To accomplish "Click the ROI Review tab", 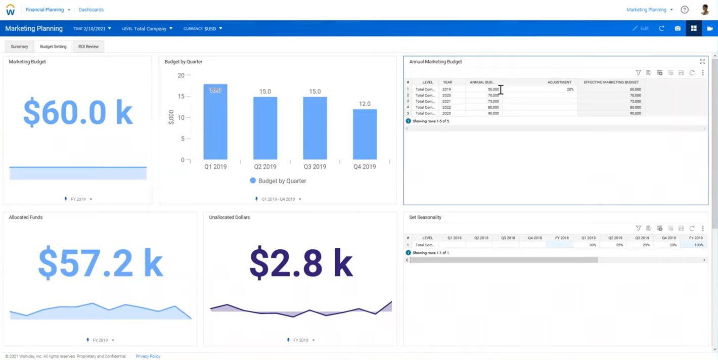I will pos(88,47).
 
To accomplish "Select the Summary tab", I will pos(20,47).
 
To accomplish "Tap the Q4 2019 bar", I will pos(365,134).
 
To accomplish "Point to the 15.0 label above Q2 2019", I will pos(265,92).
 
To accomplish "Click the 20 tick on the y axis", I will pos(181,75).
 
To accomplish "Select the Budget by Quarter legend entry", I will pos(278,181).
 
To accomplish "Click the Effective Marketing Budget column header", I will pos(611,82).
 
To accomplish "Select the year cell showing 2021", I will pos(446,101).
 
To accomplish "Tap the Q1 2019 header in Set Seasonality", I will pos(588,238).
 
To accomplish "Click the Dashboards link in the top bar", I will pos(91,10).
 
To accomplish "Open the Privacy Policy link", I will pos(148,356).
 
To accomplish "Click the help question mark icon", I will pos(685,10).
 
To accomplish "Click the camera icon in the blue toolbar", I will pos(678,28).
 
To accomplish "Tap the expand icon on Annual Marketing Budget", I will pos(702,62).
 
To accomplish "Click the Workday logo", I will pos(10,10).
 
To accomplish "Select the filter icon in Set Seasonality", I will pos(638,229).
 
